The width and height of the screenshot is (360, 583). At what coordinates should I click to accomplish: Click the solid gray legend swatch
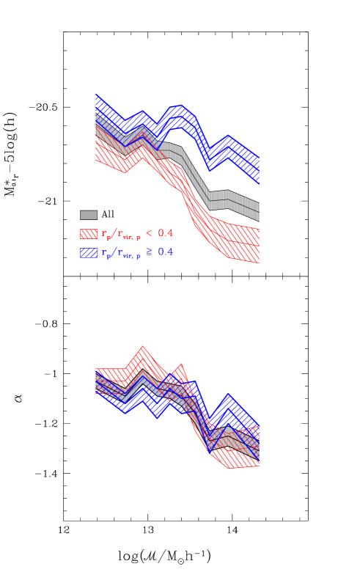click(89, 215)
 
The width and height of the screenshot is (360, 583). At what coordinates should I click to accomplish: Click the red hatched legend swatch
click(89, 234)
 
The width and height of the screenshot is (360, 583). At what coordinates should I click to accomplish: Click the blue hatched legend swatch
click(89, 252)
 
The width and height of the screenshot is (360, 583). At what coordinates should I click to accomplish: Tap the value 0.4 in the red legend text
click(165, 233)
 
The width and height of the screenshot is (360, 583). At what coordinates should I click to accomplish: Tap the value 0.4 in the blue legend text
click(165, 252)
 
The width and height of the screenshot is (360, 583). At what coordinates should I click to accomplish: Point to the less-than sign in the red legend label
click(149, 233)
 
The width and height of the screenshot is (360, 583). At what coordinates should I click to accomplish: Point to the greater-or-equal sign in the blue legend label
click(149, 252)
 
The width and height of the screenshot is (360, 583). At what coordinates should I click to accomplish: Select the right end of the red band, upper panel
click(258, 244)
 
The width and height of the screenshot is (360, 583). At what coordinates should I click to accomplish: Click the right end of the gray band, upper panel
click(258, 211)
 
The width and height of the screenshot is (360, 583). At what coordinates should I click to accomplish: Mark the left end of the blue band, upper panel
click(97, 103)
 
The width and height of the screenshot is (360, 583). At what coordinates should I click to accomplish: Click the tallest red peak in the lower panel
click(143, 349)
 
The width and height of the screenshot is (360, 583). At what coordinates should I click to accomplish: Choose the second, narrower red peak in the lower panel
click(180, 365)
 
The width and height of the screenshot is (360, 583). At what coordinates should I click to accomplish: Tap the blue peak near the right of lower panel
click(229, 397)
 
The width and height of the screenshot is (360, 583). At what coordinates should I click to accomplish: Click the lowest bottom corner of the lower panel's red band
click(230, 467)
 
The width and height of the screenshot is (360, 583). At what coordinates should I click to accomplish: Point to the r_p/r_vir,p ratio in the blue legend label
click(121, 253)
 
